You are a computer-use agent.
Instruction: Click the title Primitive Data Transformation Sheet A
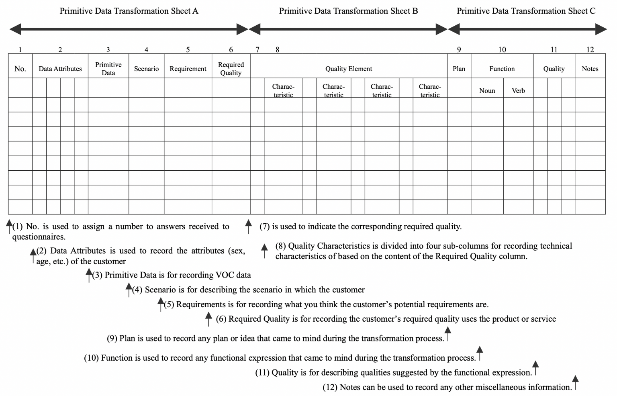click(129, 11)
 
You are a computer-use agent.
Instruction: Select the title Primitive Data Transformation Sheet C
click(526, 11)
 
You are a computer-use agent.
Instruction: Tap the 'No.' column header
click(20, 69)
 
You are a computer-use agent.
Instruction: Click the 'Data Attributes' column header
click(60, 69)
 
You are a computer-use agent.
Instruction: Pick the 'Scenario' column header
click(146, 69)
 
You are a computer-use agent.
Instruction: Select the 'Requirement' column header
click(188, 69)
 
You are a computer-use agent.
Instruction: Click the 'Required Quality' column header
click(231, 69)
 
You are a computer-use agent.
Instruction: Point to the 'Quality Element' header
click(349, 69)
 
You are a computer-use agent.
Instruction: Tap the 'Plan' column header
click(459, 69)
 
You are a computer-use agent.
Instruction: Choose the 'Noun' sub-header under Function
click(487, 91)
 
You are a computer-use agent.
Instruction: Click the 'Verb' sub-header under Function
click(518, 91)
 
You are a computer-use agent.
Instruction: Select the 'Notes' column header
click(590, 69)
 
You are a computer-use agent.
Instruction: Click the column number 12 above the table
click(590, 50)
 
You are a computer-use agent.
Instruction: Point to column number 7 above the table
click(257, 50)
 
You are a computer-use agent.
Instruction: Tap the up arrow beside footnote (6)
click(208, 319)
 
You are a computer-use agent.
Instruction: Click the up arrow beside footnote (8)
click(264, 250)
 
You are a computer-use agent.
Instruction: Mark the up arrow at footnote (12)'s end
click(575, 382)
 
